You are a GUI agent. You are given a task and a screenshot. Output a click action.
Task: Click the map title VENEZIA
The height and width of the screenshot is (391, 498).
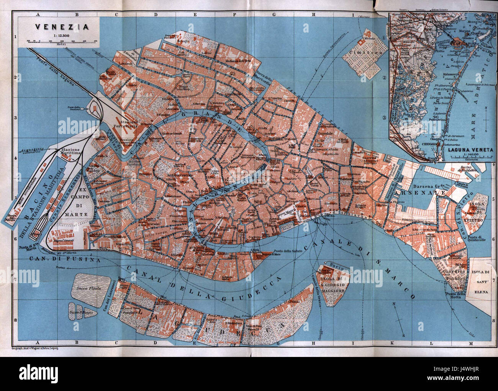61,27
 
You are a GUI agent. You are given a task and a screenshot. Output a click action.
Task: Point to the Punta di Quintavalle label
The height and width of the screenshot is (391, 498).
477,237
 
